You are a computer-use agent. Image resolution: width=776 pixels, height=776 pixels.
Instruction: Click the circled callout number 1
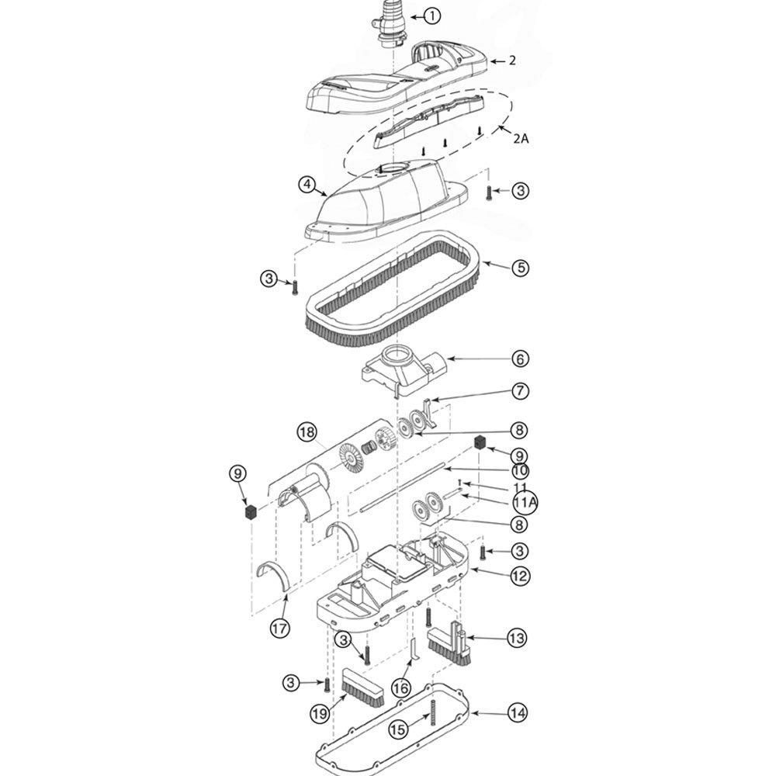(432, 15)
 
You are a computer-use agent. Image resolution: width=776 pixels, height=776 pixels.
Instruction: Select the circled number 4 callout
(308, 185)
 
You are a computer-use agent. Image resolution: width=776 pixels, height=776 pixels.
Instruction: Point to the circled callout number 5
(519, 268)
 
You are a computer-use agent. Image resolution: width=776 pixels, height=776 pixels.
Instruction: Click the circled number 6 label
(519, 359)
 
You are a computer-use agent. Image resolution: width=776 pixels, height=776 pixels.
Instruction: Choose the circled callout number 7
(519, 393)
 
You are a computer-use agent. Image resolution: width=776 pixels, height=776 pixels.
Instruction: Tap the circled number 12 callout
(519, 576)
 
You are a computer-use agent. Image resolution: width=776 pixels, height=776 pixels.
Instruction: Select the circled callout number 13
(516, 639)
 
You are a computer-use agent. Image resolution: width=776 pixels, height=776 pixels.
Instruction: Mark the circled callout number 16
(400, 687)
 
